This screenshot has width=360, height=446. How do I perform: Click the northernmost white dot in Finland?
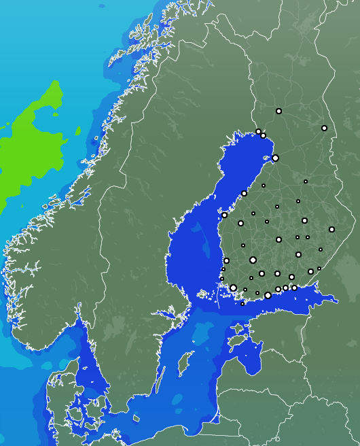[x=278, y=111]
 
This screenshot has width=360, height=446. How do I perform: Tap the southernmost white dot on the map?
[x=242, y=304]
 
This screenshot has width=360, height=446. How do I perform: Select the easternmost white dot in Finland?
[x=331, y=229]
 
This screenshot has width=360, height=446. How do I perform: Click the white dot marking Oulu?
[x=275, y=158]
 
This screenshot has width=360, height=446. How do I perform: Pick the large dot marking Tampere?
[x=253, y=260]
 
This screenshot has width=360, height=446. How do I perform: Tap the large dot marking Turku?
[x=233, y=288]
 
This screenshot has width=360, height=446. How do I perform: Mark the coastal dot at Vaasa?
[x=224, y=215]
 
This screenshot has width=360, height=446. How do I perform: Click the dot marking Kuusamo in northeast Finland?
[x=324, y=128]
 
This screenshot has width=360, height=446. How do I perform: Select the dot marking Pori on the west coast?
[x=226, y=260]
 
